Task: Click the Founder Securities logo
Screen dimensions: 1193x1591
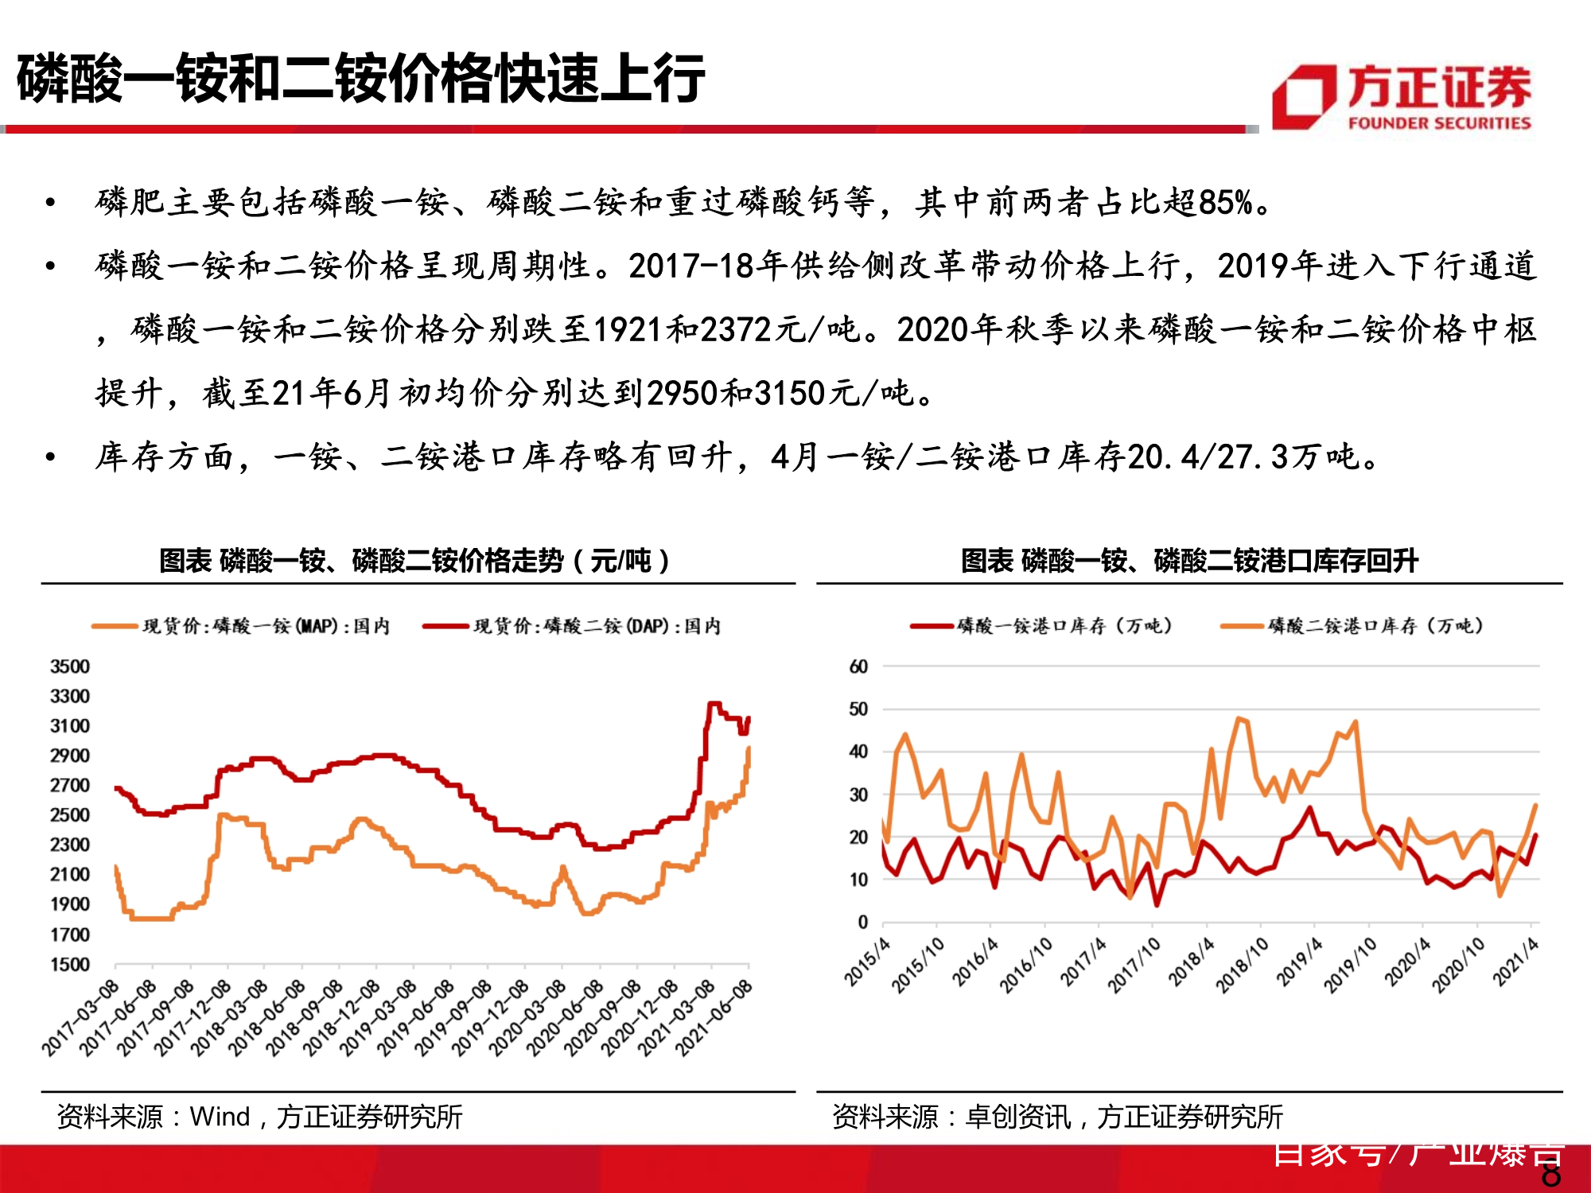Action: tap(1402, 97)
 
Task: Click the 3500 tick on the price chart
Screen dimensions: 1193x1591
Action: tap(70, 666)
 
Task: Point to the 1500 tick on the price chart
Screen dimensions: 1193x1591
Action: tap(70, 965)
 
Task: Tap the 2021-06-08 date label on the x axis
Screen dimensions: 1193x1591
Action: tap(714, 1018)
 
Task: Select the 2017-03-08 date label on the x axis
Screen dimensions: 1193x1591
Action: tap(80, 1018)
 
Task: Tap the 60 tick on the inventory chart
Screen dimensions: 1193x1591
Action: tap(858, 666)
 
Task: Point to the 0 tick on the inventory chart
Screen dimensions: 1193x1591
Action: tap(863, 923)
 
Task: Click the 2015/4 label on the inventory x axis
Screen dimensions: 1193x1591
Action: tap(867, 962)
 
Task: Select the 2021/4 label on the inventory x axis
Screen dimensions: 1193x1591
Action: tap(1515, 962)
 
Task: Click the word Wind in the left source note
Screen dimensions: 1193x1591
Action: tap(220, 1117)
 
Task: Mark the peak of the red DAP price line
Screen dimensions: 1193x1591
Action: tap(714, 704)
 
